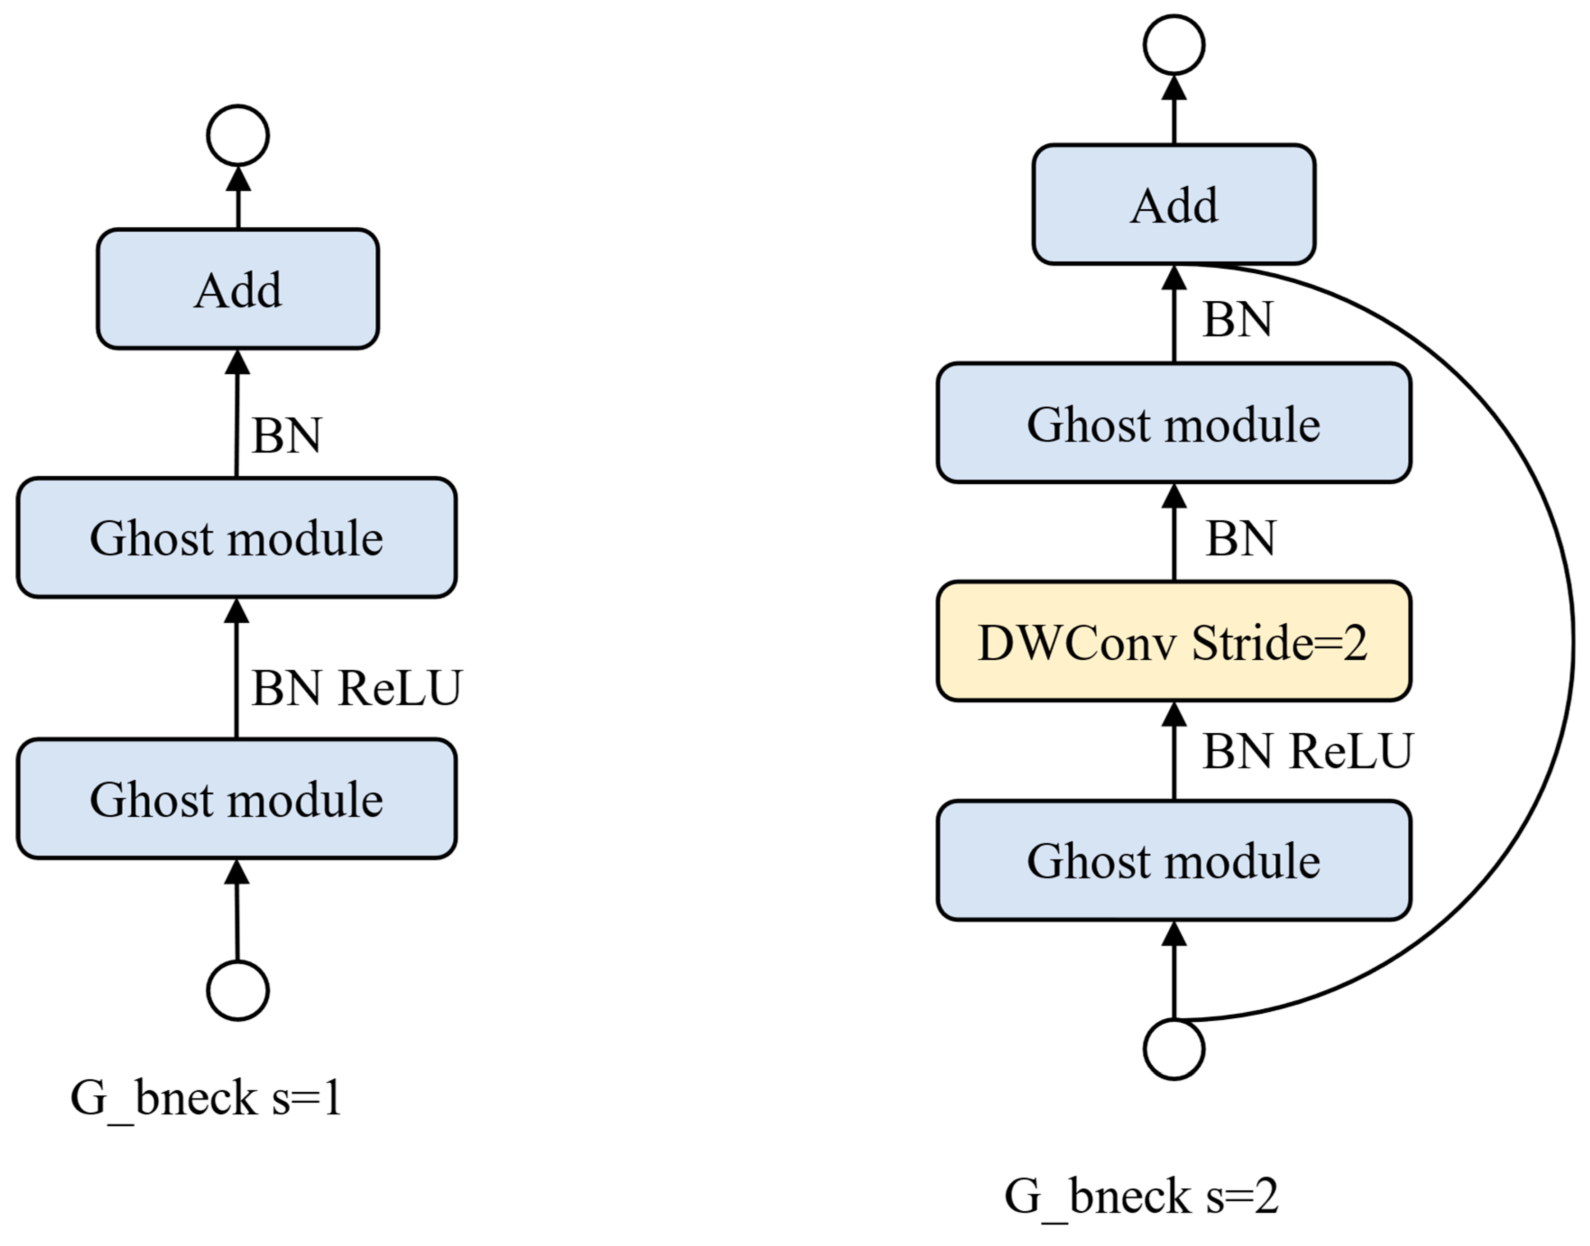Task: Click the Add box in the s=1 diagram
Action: coord(238,289)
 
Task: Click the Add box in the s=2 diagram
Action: coord(1173,204)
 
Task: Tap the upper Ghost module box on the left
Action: coord(236,538)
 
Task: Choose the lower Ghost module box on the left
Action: coord(236,799)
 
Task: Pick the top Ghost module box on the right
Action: coord(1173,423)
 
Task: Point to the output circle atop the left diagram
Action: coord(238,135)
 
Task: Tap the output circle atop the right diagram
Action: coord(1173,45)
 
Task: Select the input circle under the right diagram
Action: coord(1173,1048)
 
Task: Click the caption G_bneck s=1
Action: coord(206,1098)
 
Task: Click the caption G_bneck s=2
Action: coord(1141,1196)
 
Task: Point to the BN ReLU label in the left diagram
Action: coord(356,687)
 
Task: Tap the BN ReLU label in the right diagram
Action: coord(1307,751)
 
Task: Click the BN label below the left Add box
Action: coord(286,436)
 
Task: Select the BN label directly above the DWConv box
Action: coord(1240,538)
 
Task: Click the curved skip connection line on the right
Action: coord(1572,642)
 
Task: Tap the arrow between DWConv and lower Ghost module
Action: coord(1173,751)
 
